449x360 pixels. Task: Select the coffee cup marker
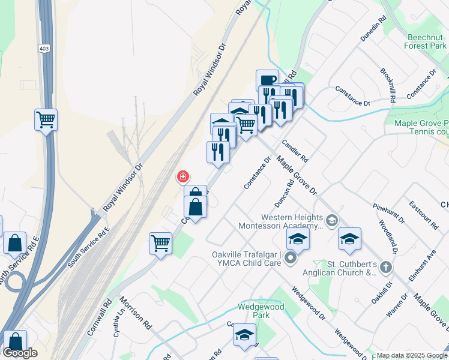point(267,80)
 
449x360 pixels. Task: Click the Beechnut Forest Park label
point(425,41)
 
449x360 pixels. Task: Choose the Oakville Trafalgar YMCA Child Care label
point(247,259)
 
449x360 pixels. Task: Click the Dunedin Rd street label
point(372,29)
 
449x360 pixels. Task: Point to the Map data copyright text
point(412,355)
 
